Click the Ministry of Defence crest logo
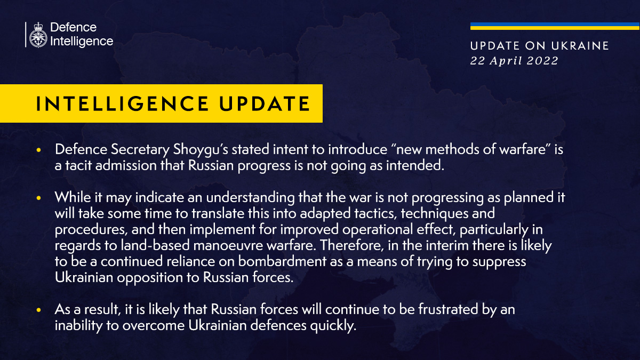[x=38, y=35]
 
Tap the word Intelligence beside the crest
[x=82, y=42]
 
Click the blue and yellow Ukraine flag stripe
[x=555, y=26]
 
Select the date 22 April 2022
[x=514, y=61]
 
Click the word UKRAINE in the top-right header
[x=580, y=46]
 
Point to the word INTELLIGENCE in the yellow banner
[x=122, y=103]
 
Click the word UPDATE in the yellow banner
[x=265, y=103]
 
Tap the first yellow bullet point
[x=39, y=150]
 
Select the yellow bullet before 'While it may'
[x=39, y=198]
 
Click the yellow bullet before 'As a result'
[x=39, y=310]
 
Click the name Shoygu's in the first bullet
[x=201, y=150]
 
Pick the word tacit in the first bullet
[x=78, y=166]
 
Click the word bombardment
[x=282, y=261]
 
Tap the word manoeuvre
[x=228, y=246]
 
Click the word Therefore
[x=351, y=246]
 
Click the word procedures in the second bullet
[x=91, y=230]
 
